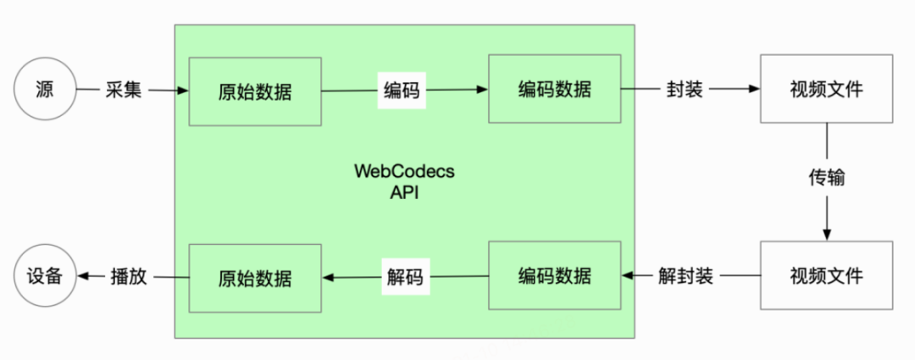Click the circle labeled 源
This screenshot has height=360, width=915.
[45, 90]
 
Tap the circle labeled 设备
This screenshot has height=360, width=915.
[45, 275]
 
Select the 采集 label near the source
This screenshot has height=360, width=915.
[122, 90]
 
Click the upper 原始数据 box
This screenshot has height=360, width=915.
[254, 91]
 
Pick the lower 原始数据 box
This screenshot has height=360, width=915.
[254, 276]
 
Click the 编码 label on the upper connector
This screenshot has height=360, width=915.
[402, 90]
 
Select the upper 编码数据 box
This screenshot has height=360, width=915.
[554, 88]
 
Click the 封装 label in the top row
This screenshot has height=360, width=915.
[685, 89]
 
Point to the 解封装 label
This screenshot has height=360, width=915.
[685, 275]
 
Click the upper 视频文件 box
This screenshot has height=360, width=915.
[826, 88]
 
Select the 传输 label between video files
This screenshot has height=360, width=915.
[826, 180]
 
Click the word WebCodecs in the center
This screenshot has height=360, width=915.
[403, 171]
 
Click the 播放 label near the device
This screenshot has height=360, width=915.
[128, 275]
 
